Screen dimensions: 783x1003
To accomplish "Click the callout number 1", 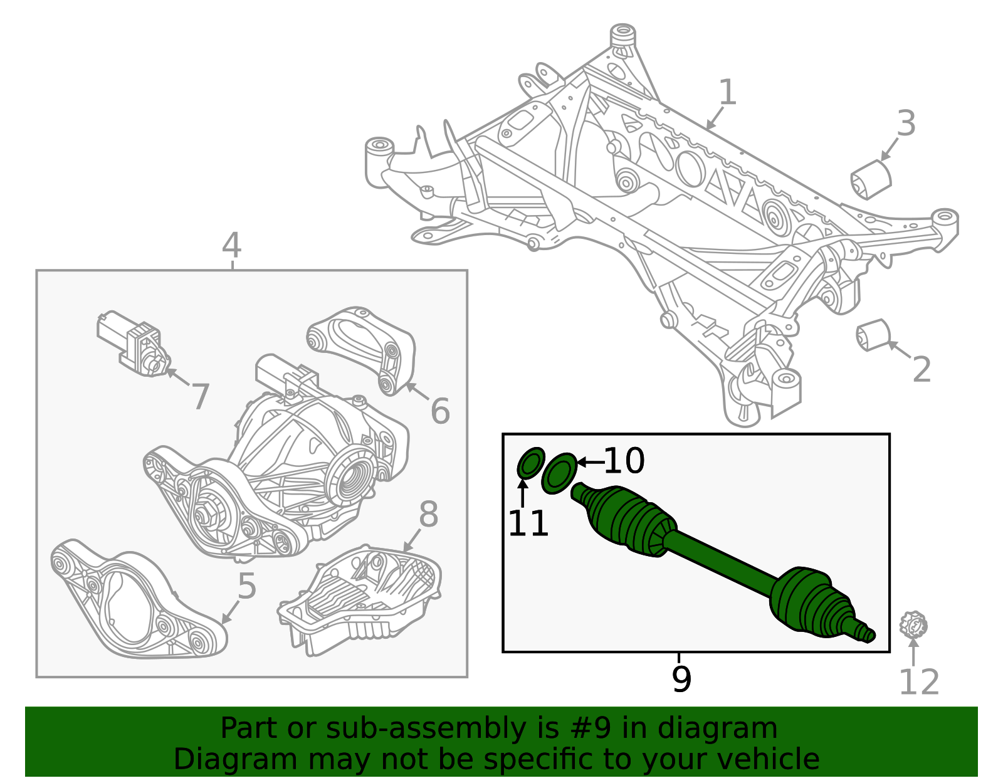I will [727, 93].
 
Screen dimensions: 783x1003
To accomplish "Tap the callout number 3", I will [906, 123].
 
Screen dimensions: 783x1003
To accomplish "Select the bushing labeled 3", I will [871, 179].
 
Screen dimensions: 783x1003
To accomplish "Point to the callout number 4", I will [231, 245].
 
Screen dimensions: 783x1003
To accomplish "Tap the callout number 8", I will [428, 515].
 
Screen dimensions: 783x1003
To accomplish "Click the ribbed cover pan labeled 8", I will [360, 598].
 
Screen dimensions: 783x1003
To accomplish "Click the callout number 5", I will [247, 587].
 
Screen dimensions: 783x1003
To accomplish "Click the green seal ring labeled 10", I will [559, 473].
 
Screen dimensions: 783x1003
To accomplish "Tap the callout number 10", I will [624, 461].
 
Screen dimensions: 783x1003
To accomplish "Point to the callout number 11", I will [528, 523].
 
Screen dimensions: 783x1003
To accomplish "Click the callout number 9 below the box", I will [681, 680].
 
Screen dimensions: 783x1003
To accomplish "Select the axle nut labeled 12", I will [913, 625].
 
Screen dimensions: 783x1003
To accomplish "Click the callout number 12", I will [918, 683].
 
